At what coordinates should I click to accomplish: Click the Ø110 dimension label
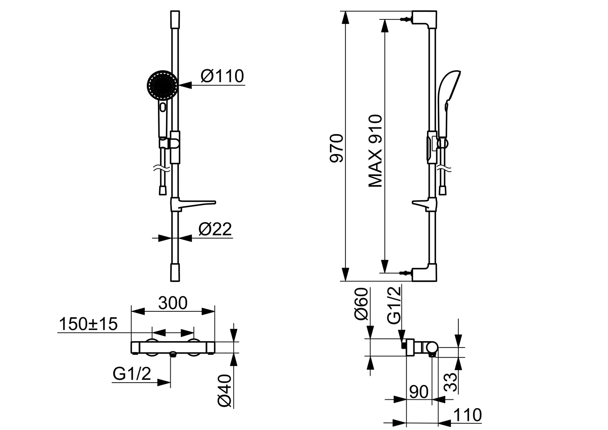coord(222,76)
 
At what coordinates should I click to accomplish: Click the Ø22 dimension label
coord(215,229)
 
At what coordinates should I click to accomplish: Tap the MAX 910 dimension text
coord(375,151)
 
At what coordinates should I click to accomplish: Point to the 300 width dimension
coord(173,303)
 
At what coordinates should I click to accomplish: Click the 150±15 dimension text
coord(88,324)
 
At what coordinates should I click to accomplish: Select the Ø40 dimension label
coord(225,391)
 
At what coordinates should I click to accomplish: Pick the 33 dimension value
coord(450,383)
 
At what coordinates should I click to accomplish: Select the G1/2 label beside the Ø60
coord(394,307)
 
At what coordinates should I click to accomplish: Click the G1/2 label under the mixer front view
coord(132,374)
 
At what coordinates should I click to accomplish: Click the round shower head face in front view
coord(162,85)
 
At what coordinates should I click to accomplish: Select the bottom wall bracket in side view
coord(425,274)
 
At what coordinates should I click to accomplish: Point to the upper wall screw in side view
coord(405,19)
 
